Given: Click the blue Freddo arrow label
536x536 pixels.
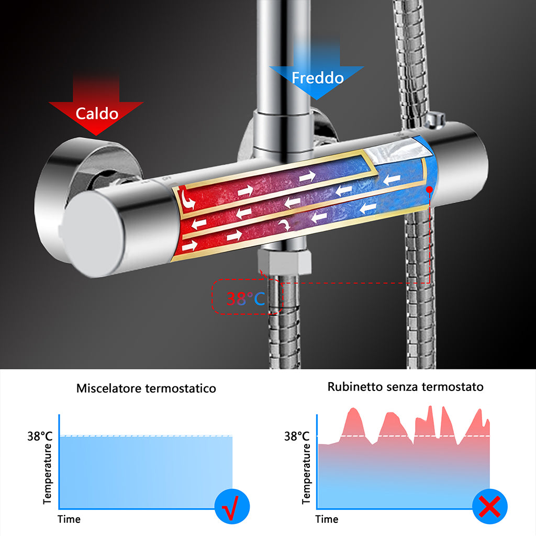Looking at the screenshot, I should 317,78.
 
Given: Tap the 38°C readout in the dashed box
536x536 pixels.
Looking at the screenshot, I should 246,298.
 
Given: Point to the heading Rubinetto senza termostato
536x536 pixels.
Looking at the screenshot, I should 405,387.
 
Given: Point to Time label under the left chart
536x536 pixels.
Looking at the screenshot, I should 69,519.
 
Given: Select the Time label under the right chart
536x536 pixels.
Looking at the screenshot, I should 327,519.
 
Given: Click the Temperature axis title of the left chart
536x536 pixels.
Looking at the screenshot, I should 48,474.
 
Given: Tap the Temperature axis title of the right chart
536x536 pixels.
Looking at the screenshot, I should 306,474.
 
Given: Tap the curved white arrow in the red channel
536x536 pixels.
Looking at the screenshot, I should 186,199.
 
